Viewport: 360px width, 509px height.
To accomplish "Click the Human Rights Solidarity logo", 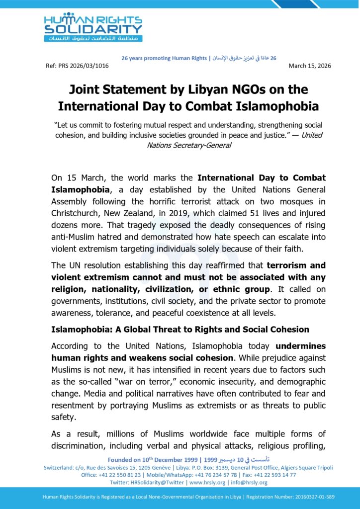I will click(x=93, y=27).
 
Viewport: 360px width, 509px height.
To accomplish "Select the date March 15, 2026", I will click(x=310, y=66).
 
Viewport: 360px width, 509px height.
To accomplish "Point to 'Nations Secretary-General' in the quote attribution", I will click(x=189, y=145).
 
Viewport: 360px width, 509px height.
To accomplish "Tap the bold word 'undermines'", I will click(x=300, y=345).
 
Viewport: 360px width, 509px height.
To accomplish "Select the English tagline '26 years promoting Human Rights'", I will click(x=164, y=58).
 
